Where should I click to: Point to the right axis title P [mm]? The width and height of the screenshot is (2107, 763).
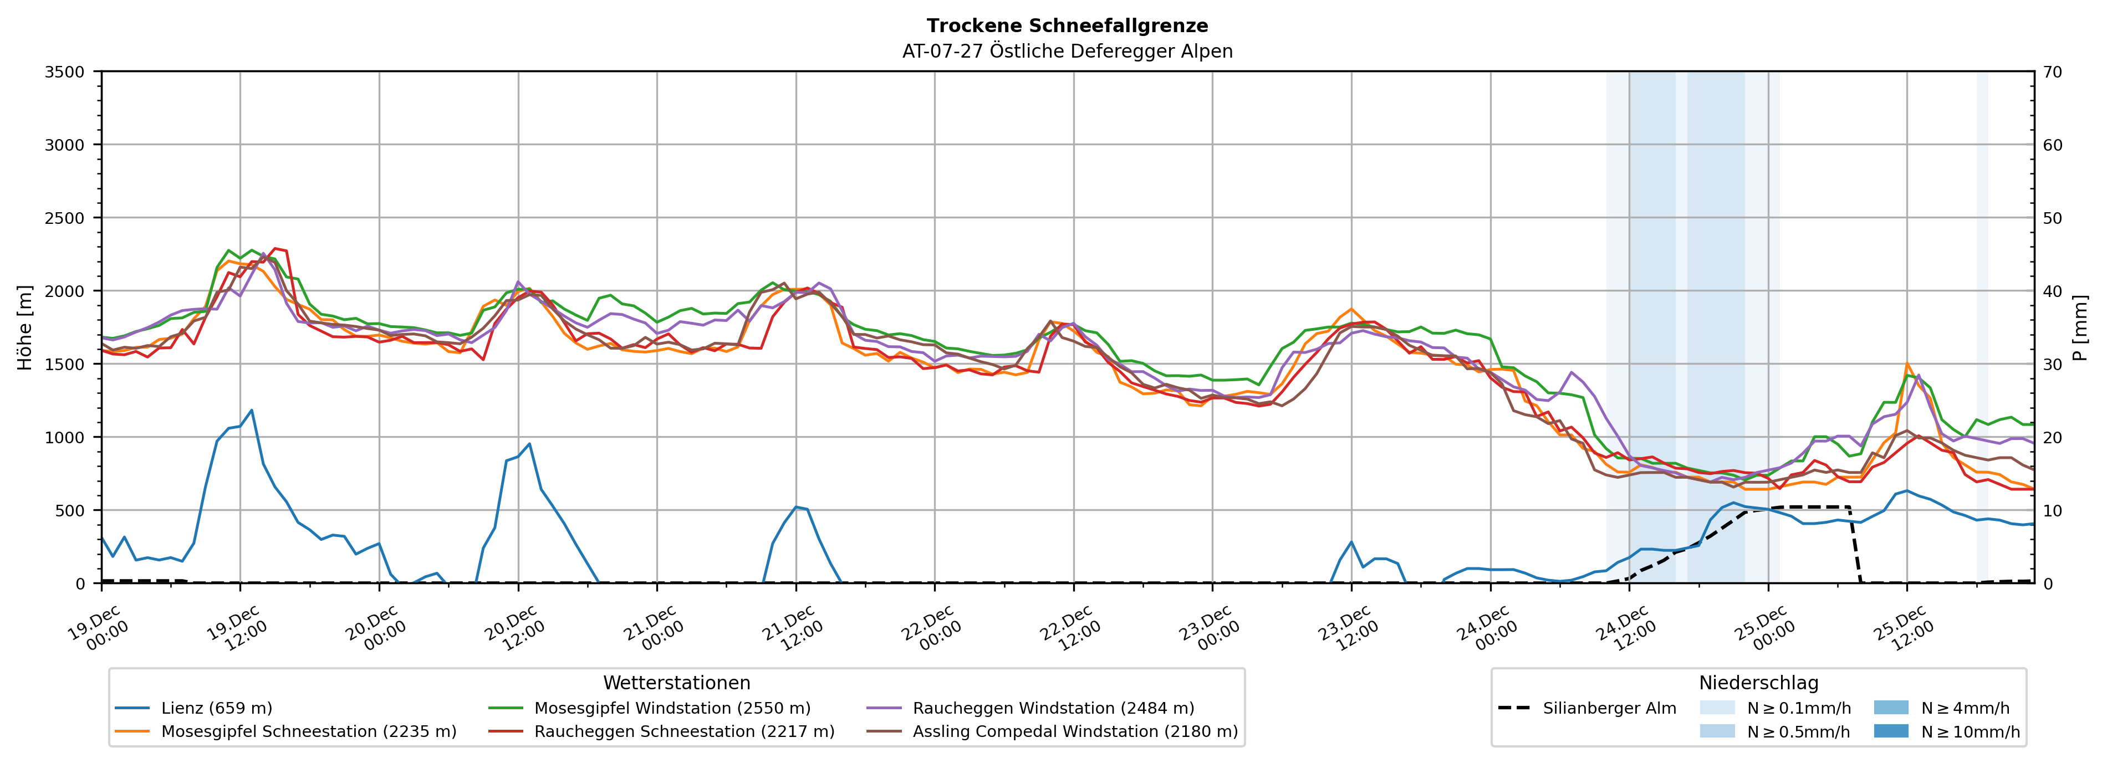coord(2080,327)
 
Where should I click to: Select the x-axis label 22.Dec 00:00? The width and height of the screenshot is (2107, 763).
coord(930,628)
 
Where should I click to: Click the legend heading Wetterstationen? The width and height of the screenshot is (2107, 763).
coord(676,683)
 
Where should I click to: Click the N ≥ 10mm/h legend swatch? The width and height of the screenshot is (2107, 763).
coord(1891,731)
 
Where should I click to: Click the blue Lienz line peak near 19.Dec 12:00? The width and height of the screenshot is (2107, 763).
coord(251,411)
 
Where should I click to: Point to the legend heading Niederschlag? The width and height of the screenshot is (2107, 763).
coord(1758,683)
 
